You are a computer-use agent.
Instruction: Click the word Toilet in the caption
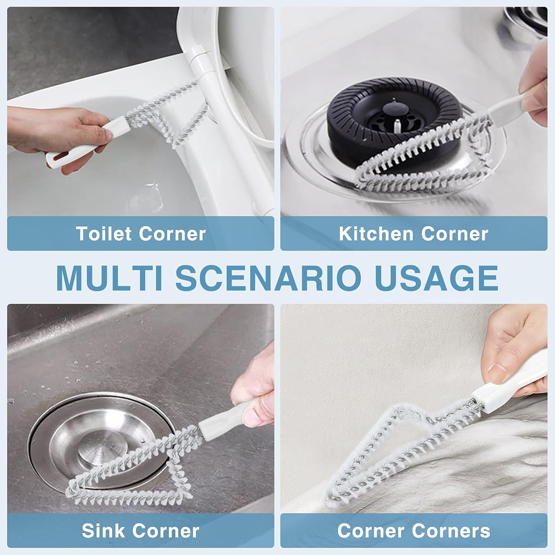(104, 234)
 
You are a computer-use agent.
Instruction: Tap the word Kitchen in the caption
(376, 234)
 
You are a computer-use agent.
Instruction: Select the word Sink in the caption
(103, 530)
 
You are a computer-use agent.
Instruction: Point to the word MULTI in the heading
(109, 278)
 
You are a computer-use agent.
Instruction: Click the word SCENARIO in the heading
(269, 278)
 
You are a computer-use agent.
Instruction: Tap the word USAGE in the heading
(436, 278)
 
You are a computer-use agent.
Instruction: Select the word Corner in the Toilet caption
(172, 234)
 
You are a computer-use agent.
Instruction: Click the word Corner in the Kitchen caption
(454, 234)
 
